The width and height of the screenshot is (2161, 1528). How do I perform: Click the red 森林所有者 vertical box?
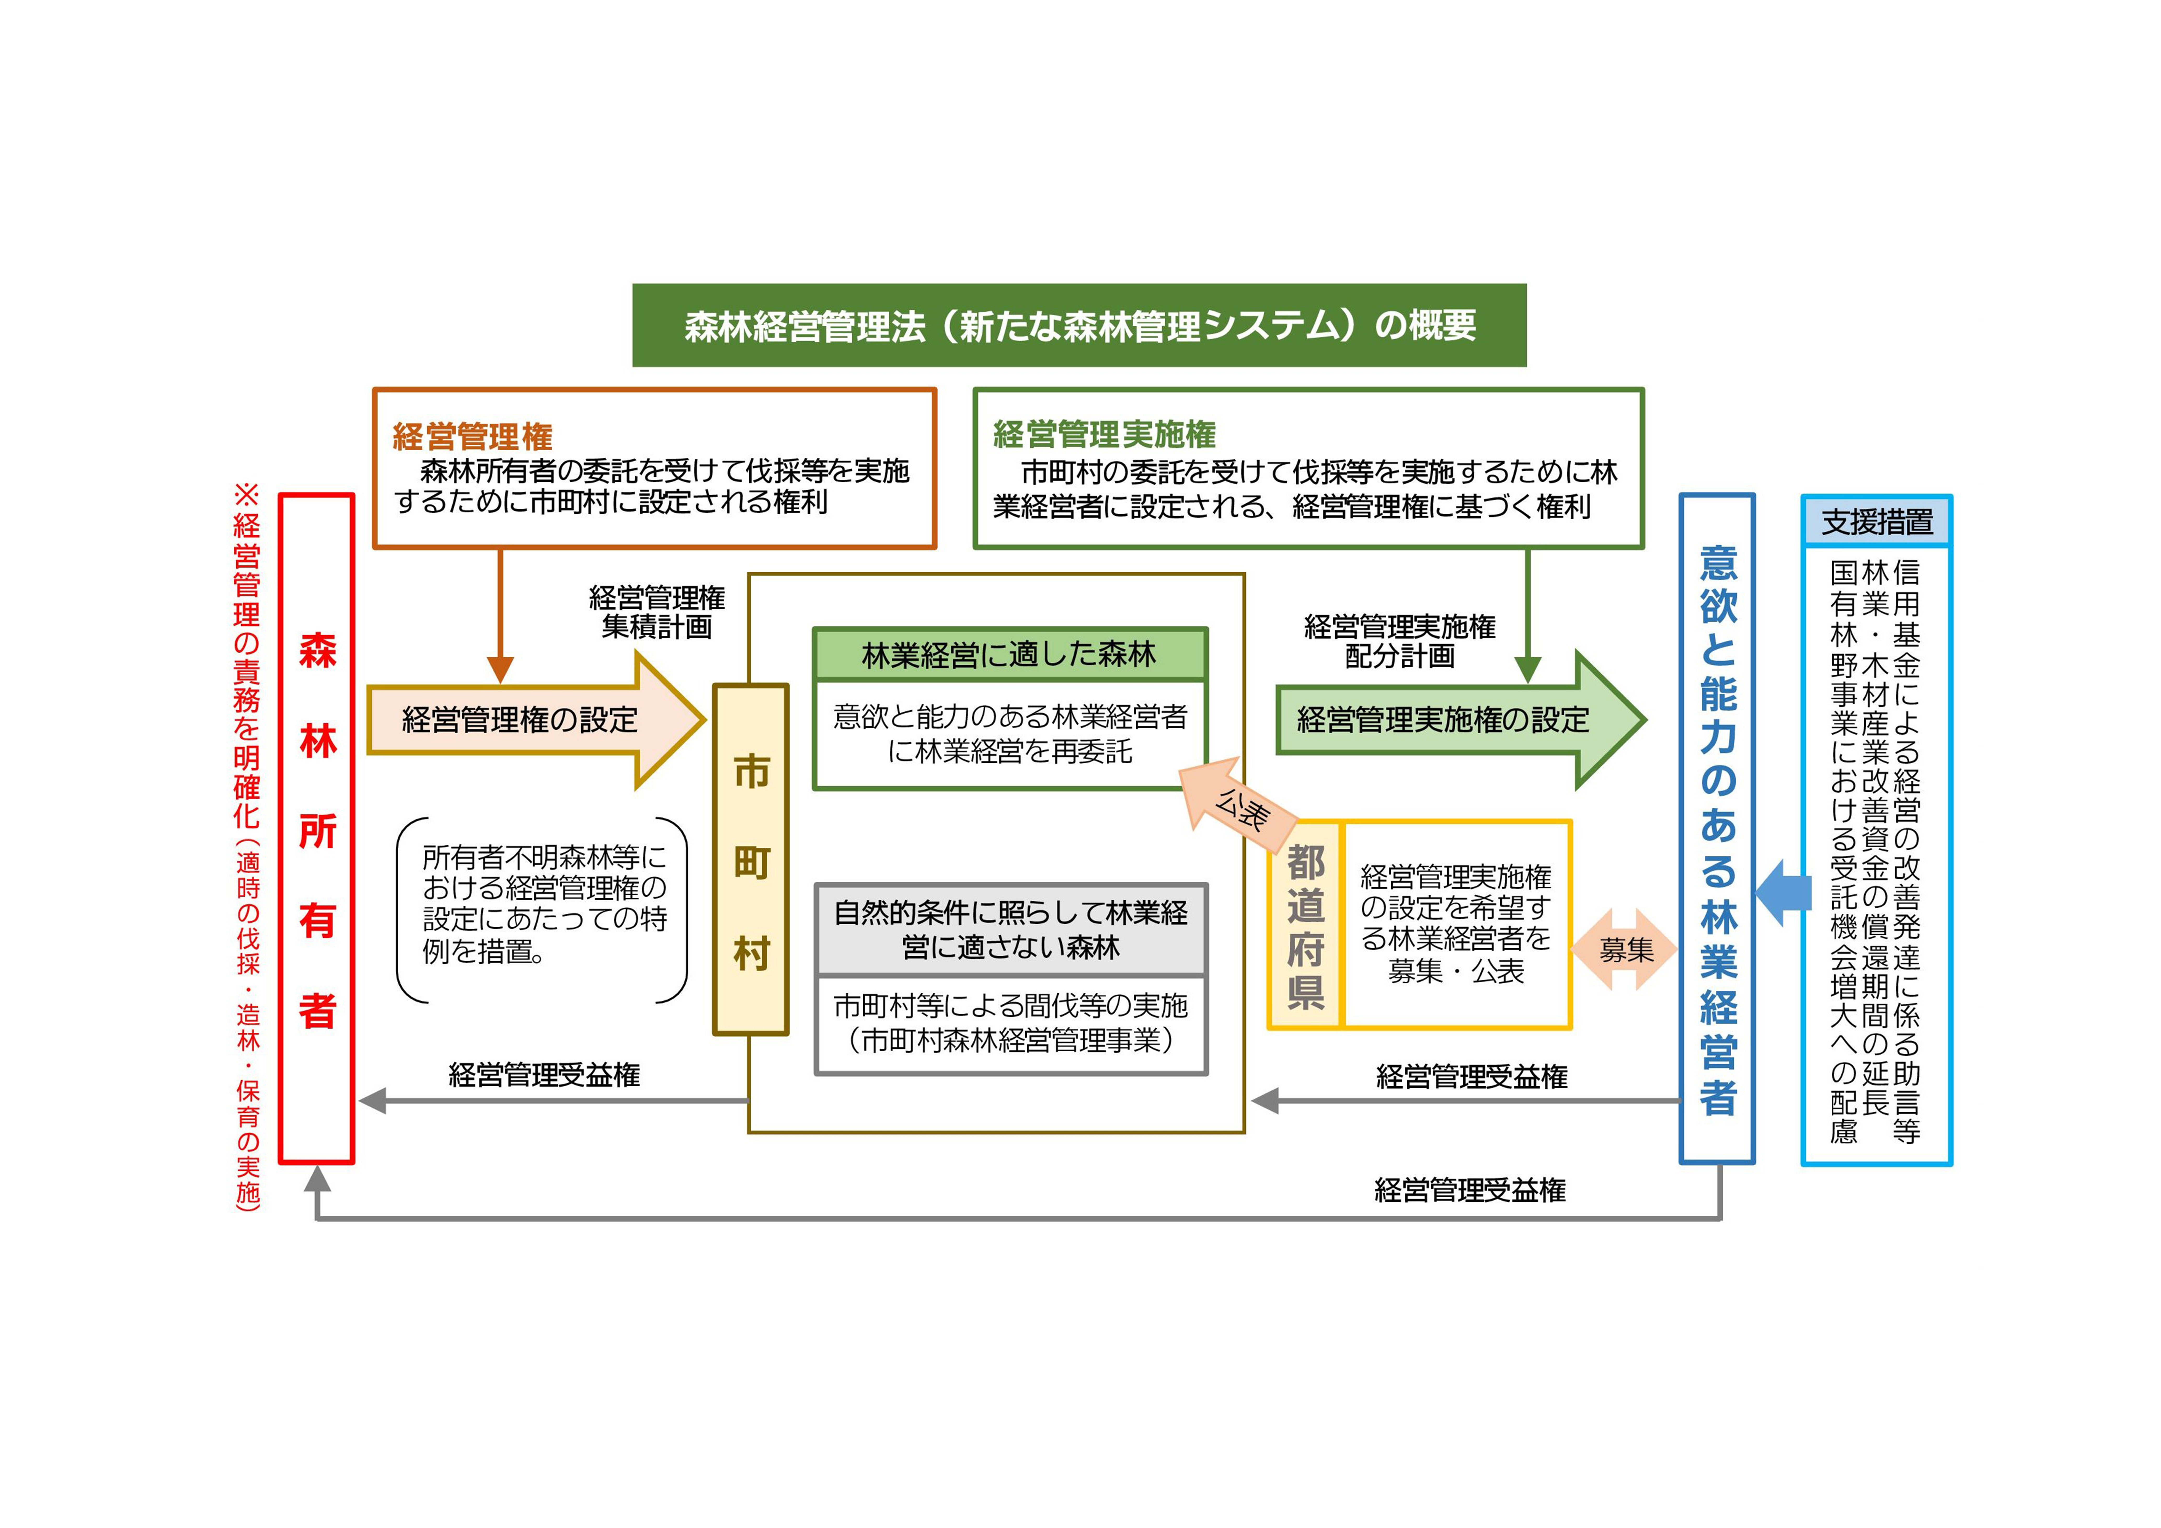(317, 828)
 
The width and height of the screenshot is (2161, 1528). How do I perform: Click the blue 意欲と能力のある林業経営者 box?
(1718, 828)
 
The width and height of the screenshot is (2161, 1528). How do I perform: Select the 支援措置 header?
(1877, 521)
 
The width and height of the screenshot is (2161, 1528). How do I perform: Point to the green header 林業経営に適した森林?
(1010, 654)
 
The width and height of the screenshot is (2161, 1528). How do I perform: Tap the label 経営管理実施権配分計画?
(1400, 641)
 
